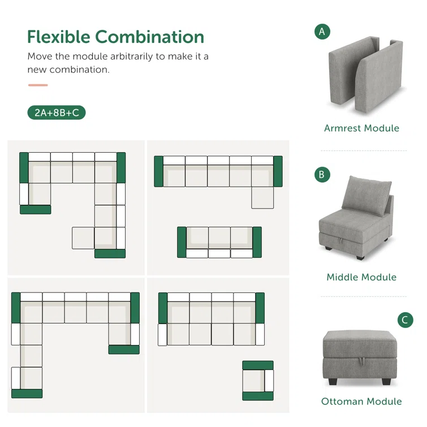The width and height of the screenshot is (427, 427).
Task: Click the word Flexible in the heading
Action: (x=59, y=37)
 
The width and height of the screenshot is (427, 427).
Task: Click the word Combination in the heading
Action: (x=149, y=37)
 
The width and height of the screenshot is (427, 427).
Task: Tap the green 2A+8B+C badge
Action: (x=57, y=113)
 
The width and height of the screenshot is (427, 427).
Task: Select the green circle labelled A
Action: (x=322, y=32)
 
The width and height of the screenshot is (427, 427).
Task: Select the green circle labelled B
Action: (x=322, y=175)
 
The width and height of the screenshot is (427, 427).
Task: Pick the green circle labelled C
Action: (x=405, y=320)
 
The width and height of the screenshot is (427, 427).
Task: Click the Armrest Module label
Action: (x=361, y=128)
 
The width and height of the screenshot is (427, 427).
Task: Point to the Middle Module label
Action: (x=361, y=277)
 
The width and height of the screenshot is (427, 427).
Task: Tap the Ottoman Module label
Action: (x=361, y=402)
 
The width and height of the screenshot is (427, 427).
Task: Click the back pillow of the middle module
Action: (x=366, y=196)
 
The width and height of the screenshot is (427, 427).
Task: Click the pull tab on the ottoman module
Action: (x=361, y=361)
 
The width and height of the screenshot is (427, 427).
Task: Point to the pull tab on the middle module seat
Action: (x=340, y=241)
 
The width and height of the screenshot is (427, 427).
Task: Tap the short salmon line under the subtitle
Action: (x=38, y=85)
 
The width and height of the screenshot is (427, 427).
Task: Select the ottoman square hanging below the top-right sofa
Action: (x=262, y=198)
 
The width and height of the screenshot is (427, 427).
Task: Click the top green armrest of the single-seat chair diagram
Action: (x=258, y=365)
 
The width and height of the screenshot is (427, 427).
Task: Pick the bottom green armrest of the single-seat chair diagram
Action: (x=258, y=396)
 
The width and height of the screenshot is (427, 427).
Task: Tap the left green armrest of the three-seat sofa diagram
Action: (x=182, y=242)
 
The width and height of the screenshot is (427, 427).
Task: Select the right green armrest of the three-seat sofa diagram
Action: (x=257, y=242)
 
